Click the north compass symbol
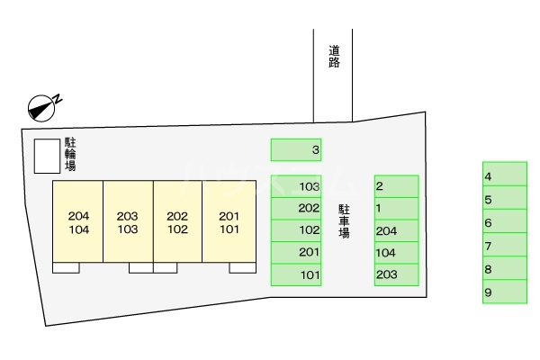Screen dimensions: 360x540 (x=42, y=106)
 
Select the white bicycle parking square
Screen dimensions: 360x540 (x=44, y=156)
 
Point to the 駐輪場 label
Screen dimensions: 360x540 (x=69, y=154)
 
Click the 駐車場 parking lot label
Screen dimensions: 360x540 (x=344, y=220)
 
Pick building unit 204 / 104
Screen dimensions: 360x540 (x=78, y=222)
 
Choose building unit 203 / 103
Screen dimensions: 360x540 (x=128, y=222)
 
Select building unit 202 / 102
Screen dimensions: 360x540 (x=177, y=222)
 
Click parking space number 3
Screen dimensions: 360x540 (x=296, y=149)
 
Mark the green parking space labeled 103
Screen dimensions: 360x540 (x=296, y=187)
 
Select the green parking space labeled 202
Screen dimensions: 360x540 (x=296, y=209)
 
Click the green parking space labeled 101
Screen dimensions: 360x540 (x=296, y=275)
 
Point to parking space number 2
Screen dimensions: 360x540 (x=396, y=187)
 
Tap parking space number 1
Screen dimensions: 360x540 (x=396, y=209)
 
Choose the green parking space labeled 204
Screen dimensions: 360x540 (x=396, y=231)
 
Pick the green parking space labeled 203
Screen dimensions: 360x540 (x=396, y=275)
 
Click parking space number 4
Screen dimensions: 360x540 (x=504, y=175)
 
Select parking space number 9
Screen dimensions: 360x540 (x=504, y=292)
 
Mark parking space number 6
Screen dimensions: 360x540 (x=504, y=222)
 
